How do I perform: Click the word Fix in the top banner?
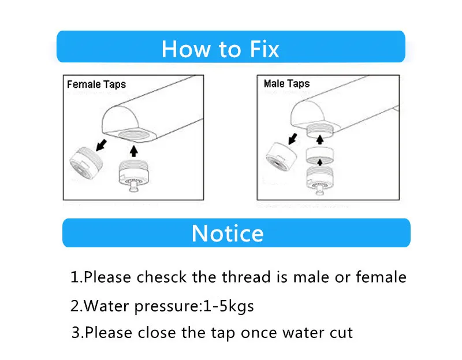[x=264, y=49]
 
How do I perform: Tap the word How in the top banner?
[x=185, y=49]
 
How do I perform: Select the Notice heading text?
[x=228, y=233]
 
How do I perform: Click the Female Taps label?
[x=96, y=84]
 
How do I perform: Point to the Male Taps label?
[x=286, y=84]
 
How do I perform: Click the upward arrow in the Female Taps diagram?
[x=134, y=151]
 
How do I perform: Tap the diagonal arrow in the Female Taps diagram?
[x=102, y=145]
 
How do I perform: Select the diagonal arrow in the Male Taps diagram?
[x=293, y=139]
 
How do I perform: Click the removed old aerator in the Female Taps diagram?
[x=86, y=163]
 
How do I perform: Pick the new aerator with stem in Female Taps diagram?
[x=134, y=176]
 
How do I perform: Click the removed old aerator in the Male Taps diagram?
[x=281, y=157]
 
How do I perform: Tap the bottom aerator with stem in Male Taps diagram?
[x=320, y=180]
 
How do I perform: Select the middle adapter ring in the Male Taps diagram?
[x=320, y=155]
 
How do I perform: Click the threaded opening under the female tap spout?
[x=134, y=135]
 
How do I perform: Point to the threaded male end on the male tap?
[x=320, y=131]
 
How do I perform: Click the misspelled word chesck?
[x=162, y=277]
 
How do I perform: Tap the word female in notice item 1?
[x=381, y=277]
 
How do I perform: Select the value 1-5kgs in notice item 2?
[x=228, y=306]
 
